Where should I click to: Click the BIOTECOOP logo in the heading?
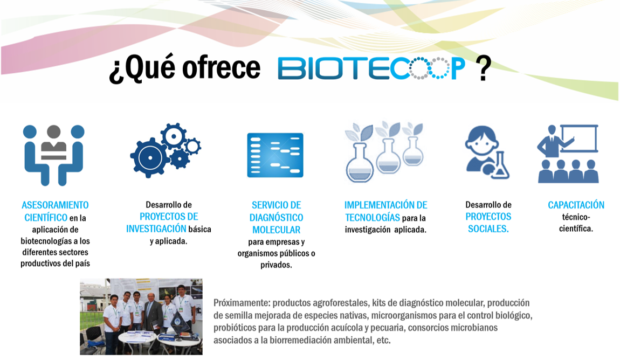pyautogui.click(x=371, y=68)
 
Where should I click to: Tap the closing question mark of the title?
pyautogui.click(x=483, y=68)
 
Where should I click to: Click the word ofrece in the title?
pyautogui.click(x=221, y=67)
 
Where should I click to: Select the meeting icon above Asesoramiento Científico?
pyautogui.click(x=54, y=155)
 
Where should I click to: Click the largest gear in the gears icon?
pyautogui.click(x=150, y=158)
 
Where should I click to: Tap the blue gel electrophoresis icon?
pyautogui.click(x=275, y=155)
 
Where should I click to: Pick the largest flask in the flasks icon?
pyautogui.click(x=360, y=162)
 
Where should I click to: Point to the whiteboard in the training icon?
pyautogui.click(x=579, y=139)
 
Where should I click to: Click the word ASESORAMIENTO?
pyautogui.click(x=55, y=205)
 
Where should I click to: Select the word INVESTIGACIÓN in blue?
pyautogui.click(x=156, y=229)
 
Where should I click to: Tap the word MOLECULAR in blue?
pyautogui.click(x=277, y=230)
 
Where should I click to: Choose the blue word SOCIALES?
pyautogui.click(x=488, y=229)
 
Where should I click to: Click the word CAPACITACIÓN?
pyautogui.click(x=576, y=205)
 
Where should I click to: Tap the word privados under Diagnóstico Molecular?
pyautogui.click(x=276, y=265)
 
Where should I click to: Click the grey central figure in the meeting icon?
pyautogui.click(x=54, y=143)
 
